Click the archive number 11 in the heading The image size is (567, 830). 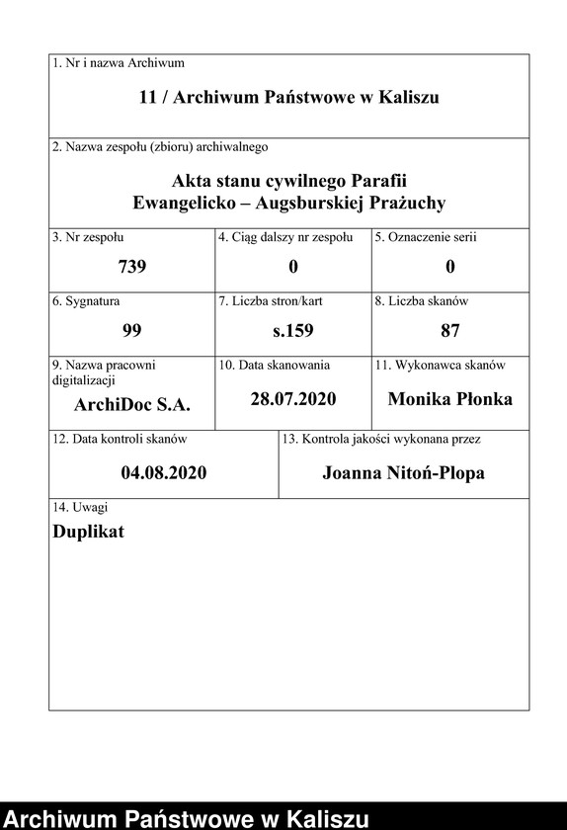(x=148, y=98)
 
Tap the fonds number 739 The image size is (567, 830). (x=131, y=267)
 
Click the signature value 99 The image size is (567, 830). (x=131, y=330)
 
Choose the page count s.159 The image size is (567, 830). (x=293, y=330)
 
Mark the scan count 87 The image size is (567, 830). (x=450, y=330)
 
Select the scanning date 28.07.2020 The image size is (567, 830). (x=293, y=399)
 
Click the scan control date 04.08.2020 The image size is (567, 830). (x=164, y=472)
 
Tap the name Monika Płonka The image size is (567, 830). (x=450, y=399)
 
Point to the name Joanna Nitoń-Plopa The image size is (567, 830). (x=403, y=472)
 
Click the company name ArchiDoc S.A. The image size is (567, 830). (x=132, y=404)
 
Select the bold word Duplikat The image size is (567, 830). (x=88, y=531)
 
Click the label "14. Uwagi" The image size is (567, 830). (x=80, y=507)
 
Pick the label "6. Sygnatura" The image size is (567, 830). (x=86, y=301)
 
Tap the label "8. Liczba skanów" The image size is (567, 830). (x=421, y=301)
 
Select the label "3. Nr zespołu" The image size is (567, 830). (x=88, y=237)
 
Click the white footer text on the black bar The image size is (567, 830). (x=188, y=818)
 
